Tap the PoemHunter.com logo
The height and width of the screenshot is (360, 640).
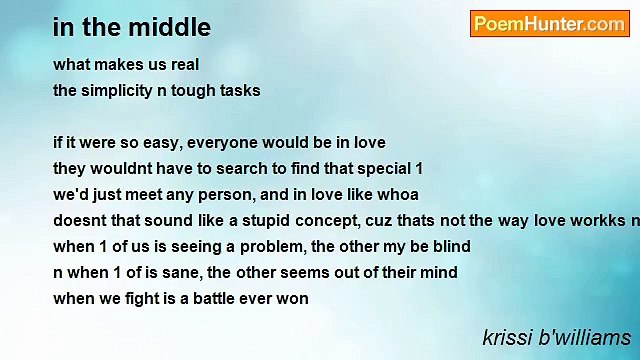coord(549,24)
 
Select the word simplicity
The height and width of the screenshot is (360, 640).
coord(118,90)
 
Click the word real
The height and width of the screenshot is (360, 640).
coord(183,64)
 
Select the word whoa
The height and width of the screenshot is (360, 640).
coord(398,194)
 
